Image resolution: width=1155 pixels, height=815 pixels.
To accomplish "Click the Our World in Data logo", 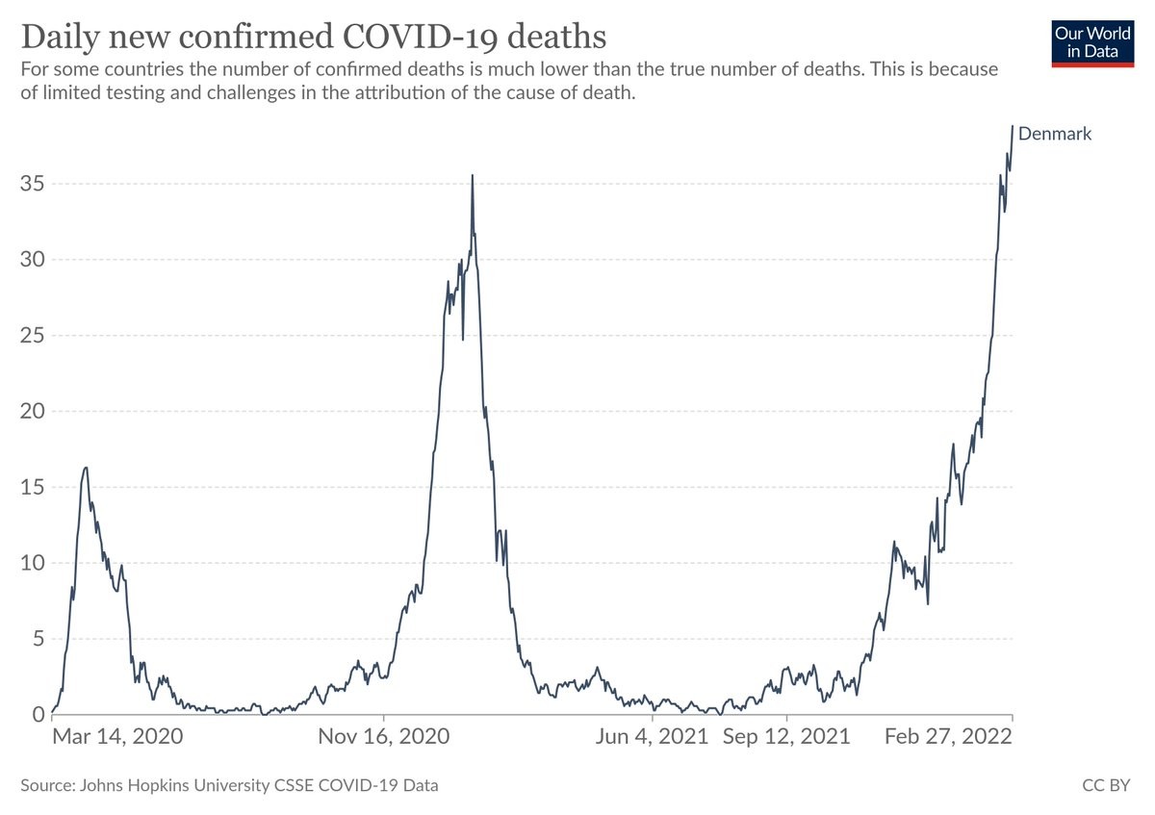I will [x=1092, y=41].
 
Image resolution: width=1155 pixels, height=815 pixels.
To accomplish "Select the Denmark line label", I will [x=1055, y=134].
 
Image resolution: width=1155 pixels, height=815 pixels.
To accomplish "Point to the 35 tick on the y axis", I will [x=33, y=184].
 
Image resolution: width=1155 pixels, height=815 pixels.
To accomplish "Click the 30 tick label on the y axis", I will [x=33, y=260].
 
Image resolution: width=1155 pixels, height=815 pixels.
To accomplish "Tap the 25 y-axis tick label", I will [x=33, y=336].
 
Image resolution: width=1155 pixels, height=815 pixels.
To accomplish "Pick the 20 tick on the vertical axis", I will [x=33, y=411].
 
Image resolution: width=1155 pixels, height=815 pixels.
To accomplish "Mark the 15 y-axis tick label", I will [x=33, y=487].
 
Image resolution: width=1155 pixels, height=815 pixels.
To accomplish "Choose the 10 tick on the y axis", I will [x=33, y=563].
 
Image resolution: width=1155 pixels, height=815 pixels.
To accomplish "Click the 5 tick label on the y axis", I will [x=38, y=638].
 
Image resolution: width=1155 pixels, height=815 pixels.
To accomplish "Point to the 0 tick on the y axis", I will [x=38, y=714].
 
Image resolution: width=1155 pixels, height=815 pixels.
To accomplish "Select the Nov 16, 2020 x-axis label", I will [x=384, y=737].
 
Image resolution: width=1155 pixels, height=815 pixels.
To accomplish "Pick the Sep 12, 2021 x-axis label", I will [x=786, y=737].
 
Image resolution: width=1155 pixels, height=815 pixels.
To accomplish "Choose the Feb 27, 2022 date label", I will [x=949, y=737].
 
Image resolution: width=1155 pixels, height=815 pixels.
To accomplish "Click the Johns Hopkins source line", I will [x=229, y=785].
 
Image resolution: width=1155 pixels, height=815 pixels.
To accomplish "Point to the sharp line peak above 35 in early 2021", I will [x=472, y=176].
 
